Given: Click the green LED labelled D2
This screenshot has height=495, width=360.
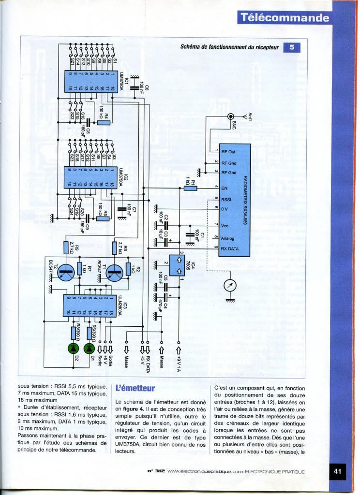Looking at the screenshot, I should tap(74, 348).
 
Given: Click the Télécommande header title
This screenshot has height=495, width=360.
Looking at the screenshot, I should tap(284, 18).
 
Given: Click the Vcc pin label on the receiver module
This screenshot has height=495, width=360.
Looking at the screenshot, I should tap(225, 226).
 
